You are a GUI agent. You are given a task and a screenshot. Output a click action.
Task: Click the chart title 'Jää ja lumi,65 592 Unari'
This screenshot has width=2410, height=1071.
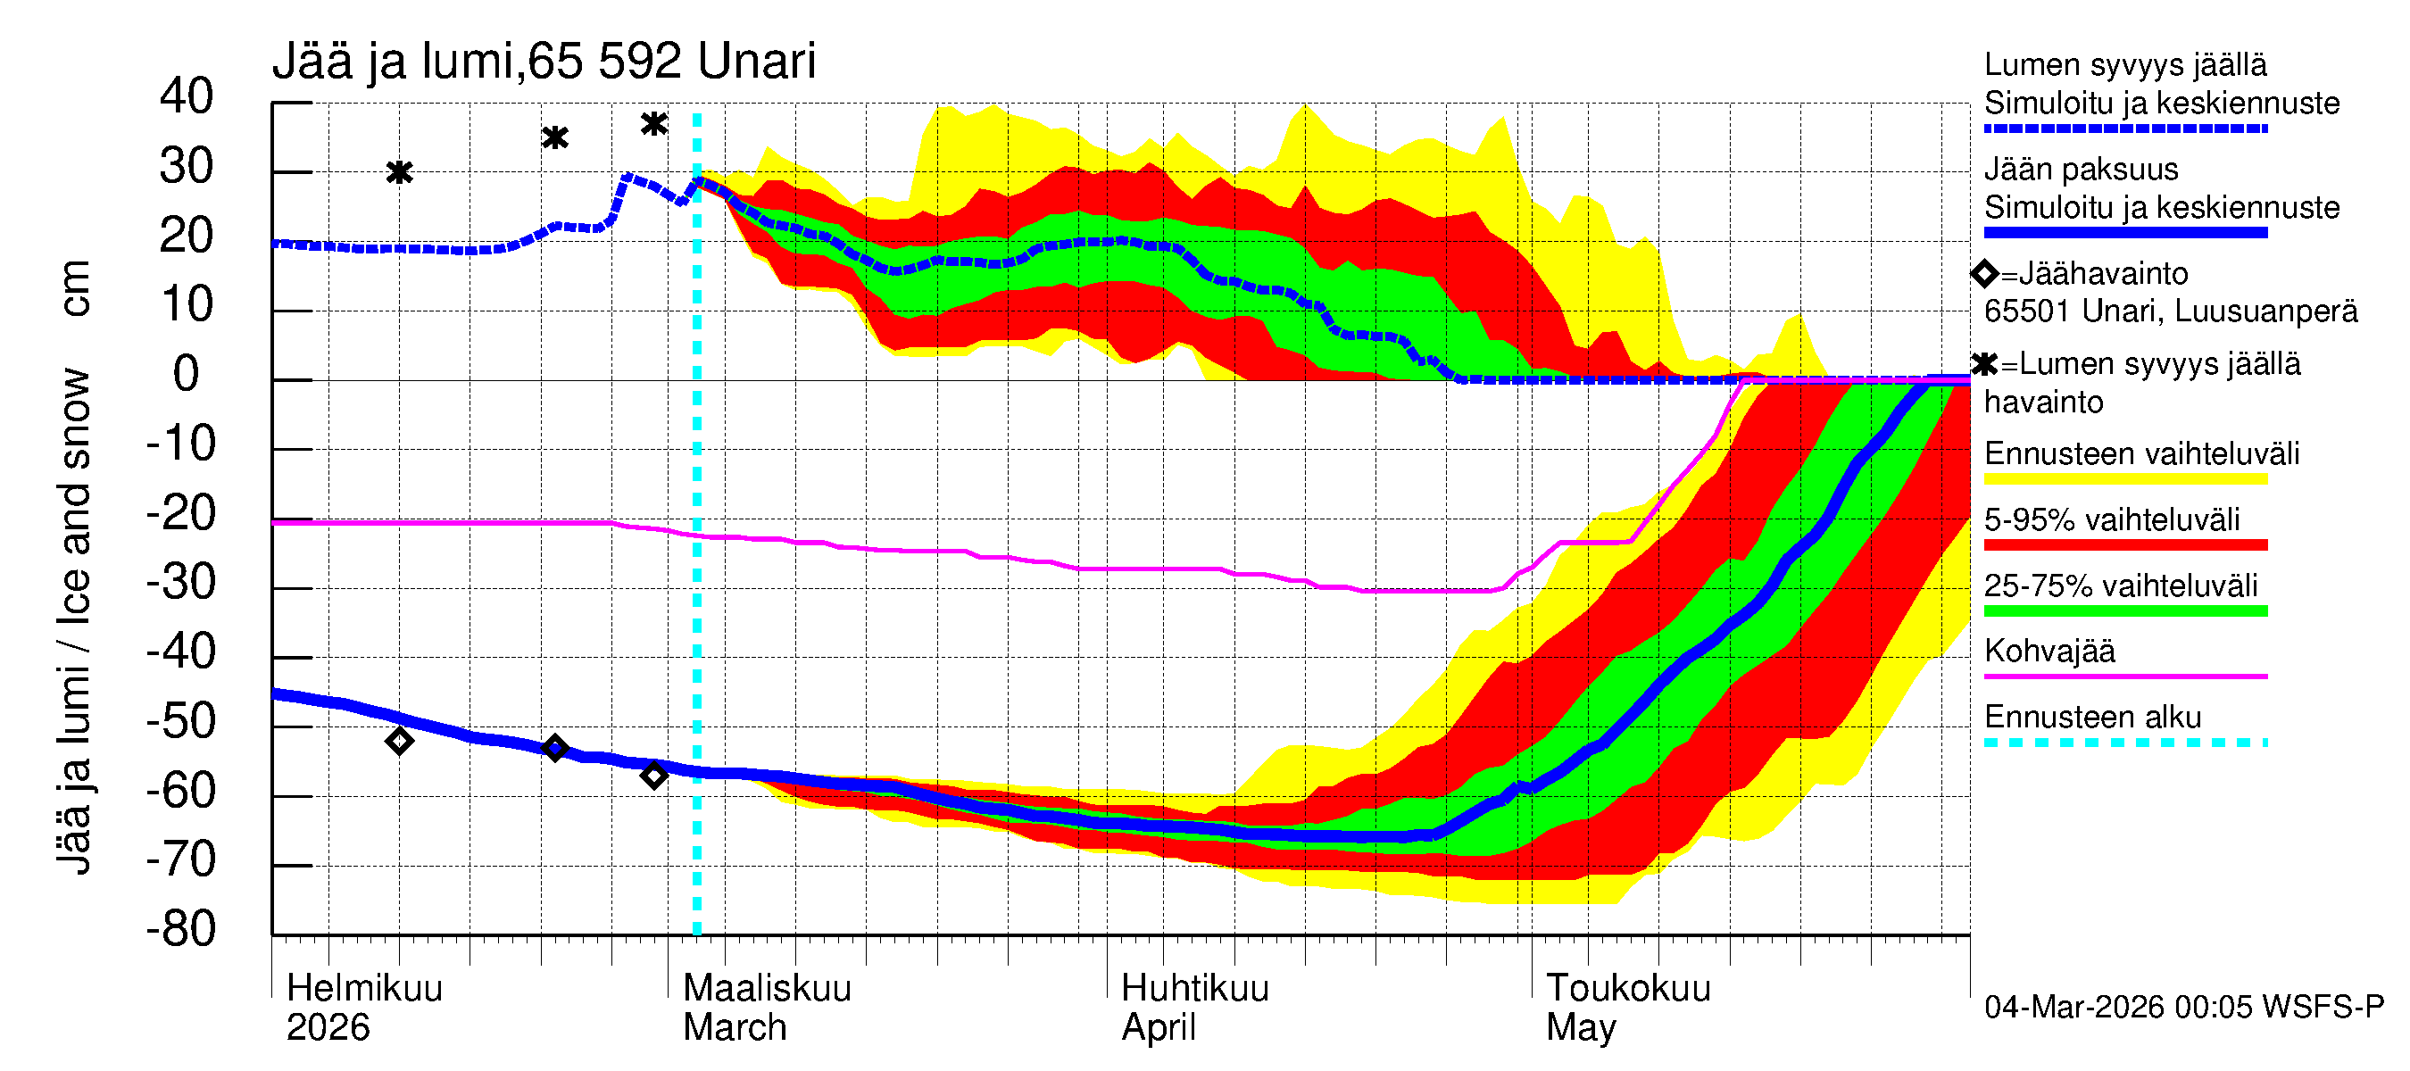click(544, 62)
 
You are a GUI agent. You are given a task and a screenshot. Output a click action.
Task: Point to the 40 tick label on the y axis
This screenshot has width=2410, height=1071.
click(187, 96)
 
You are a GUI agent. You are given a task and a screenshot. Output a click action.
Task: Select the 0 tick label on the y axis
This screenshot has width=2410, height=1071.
click(187, 374)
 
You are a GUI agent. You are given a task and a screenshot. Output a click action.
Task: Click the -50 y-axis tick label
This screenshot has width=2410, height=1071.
click(180, 721)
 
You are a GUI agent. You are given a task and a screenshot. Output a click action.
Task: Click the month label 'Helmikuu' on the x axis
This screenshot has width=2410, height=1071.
click(364, 988)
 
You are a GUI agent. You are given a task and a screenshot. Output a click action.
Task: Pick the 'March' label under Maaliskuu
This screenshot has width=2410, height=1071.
click(735, 1027)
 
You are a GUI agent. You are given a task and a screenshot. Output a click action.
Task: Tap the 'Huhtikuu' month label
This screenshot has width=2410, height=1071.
click(1194, 988)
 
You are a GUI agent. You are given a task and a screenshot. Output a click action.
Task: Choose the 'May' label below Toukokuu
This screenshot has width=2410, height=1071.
click(1580, 1027)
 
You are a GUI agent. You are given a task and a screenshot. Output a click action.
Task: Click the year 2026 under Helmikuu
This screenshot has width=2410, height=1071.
click(328, 1027)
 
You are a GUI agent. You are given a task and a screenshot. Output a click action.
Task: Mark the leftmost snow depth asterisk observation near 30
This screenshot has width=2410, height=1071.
click(400, 172)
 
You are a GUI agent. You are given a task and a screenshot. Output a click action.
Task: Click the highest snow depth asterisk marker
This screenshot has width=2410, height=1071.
click(654, 123)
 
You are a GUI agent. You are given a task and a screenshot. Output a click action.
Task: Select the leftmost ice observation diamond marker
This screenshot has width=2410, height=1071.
click(400, 742)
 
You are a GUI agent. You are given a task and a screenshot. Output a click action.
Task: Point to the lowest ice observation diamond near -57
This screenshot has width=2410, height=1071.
click(654, 775)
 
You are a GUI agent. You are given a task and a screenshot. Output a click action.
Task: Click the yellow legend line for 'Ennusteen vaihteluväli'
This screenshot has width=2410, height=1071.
click(2124, 479)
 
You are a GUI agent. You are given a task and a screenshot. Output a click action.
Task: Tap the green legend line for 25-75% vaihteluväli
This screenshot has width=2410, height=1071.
click(2124, 610)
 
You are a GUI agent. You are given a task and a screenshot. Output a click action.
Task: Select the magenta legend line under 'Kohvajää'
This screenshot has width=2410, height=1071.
click(2124, 676)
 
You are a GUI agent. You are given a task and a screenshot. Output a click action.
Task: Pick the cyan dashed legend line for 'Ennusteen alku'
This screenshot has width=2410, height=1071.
click(2124, 743)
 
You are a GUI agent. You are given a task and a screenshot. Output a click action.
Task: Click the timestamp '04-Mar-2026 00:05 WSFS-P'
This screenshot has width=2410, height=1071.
click(2183, 1007)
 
